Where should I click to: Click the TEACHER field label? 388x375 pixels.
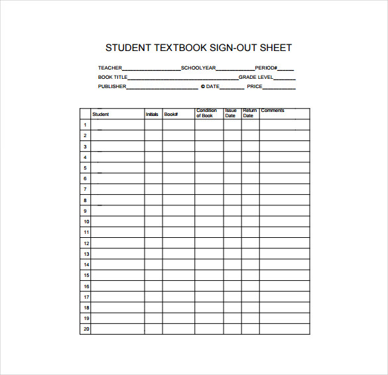pyautogui.click(x=109, y=68)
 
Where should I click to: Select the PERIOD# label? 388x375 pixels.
pyautogui.click(x=267, y=68)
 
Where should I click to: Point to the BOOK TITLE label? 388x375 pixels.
pyautogui.click(x=113, y=78)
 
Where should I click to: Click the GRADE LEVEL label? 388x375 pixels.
pyautogui.click(x=256, y=78)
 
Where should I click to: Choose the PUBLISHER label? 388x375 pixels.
pyautogui.click(x=112, y=87)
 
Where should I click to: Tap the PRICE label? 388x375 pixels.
pyautogui.click(x=255, y=87)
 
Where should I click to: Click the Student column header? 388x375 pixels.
pyautogui.click(x=101, y=115)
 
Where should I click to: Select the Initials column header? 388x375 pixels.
pyautogui.click(x=152, y=115)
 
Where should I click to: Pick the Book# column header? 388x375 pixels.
pyautogui.click(x=171, y=115)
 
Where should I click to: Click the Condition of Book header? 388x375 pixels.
pyautogui.click(x=206, y=113)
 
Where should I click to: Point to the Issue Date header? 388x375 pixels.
pyautogui.click(x=230, y=113)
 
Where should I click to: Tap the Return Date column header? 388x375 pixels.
pyautogui.click(x=249, y=113)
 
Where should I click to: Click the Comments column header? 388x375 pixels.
pyautogui.click(x=273, y=111)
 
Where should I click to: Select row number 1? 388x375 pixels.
pyautogui.click(x=85, y=125)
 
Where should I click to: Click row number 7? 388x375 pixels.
pyautogui.click(x=85, y=189)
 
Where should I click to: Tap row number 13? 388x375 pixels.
pyautogui.click(x=86, y=254)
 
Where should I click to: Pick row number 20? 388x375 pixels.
pyautogui.click(x=86, y=329)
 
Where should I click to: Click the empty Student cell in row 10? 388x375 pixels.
pyautogui.click(x=117, y=221)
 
